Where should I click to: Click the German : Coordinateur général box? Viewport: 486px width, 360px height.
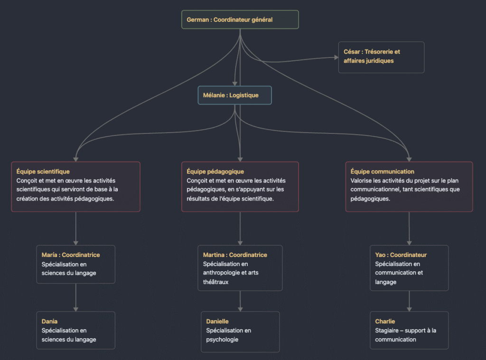pos(240,19)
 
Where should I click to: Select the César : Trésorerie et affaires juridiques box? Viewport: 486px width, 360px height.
pos(381,57)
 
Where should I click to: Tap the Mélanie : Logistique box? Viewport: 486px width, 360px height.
pos(234,95)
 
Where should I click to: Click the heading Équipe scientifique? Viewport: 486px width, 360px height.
pos(43,171)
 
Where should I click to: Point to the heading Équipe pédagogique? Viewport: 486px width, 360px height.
pos(215,171)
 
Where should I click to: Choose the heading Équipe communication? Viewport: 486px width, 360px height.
pos(382,171)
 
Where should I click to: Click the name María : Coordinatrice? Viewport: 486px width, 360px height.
pos(71,255)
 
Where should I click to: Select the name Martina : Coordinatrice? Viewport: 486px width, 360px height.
pos(235,255)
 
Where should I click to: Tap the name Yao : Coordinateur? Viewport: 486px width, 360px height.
pos(401,255)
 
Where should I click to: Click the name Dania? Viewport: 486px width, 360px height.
pos(50,322)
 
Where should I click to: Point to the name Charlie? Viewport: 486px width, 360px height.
pos(385,322)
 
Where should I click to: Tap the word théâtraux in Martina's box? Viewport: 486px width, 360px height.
pos(216,282)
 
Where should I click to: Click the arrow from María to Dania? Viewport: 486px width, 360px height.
pos(76,297)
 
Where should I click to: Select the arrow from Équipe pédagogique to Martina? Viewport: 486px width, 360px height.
pos(240,228)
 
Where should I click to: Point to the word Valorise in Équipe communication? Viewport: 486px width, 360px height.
pos(362,180)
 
